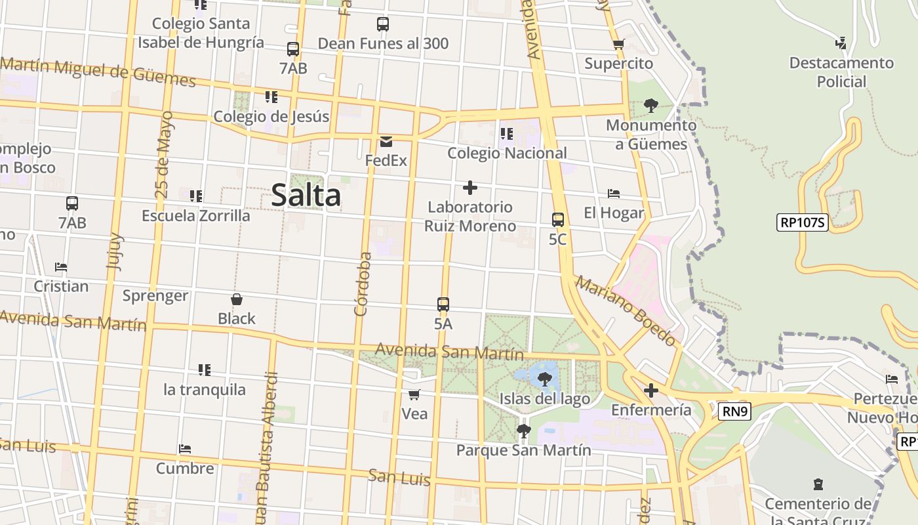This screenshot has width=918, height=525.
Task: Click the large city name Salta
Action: click(306, 196)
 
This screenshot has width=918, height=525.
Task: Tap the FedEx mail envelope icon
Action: click(386, 142)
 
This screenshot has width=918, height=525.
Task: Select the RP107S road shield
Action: click(803, 222)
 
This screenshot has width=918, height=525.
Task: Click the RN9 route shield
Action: click(735, 411)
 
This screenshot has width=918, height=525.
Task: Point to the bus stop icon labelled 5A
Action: click(443, 304)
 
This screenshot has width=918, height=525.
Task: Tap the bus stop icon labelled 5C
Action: click(558, 220)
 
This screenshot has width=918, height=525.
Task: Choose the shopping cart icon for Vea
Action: click(414, 394)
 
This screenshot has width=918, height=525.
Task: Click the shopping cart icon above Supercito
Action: click(618, 45)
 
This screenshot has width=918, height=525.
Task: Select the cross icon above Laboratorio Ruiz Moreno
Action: click(469, 188)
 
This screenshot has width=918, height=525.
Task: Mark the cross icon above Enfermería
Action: click(650, 391)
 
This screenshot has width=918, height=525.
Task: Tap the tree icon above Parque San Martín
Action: click(523, 431)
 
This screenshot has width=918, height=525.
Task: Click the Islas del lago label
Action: click(544, 398)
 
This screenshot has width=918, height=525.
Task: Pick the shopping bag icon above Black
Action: click(237, 299)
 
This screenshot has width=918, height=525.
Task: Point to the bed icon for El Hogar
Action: click(614, 194)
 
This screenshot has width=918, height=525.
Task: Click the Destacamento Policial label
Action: click(841, 72)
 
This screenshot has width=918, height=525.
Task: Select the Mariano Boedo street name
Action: click(626, 311)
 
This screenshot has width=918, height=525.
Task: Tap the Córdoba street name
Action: click(362, 283)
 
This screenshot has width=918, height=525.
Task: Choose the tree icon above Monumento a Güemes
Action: click(650, 105)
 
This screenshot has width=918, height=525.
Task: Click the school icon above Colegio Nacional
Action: click(506, 134)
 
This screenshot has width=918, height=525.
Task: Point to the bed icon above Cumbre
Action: click(185, 450)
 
